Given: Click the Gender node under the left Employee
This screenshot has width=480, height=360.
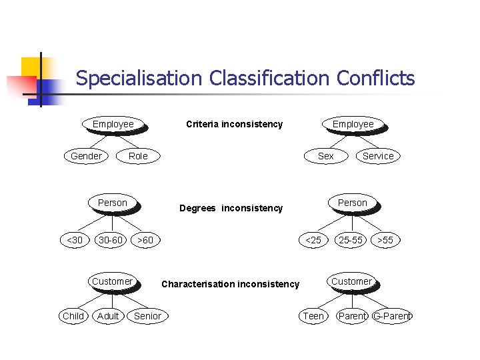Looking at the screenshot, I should (x=86, y=156).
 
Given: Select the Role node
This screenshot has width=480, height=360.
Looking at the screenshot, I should (x=138, y=156).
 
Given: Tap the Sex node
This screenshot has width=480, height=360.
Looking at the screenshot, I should (x=325, y=156).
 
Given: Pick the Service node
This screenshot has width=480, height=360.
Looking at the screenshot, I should (x=378, y=156).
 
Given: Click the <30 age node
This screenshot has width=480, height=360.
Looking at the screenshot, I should (x=75, y=240).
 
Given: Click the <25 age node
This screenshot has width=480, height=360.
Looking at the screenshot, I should (x=313, y=240).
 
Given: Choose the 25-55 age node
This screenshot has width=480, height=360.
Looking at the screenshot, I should (x=350, y=240).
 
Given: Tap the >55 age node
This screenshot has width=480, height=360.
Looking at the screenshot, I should (x=385, y=240).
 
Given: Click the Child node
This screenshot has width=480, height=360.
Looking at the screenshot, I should (x=73, y=316).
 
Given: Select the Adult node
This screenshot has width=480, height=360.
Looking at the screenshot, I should (x=108, y=316).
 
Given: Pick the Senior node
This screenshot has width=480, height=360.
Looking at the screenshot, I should (x=147, y=316).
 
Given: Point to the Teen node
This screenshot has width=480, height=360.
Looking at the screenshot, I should (x=313, y=316).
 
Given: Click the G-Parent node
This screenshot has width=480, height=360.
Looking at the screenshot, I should (x=393, y=316).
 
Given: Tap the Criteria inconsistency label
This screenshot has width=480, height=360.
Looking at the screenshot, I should (x=234, y=124).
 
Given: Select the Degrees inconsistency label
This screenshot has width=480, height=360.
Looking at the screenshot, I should (x=231, y=208).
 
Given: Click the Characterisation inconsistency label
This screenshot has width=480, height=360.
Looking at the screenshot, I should (x=230, y=284).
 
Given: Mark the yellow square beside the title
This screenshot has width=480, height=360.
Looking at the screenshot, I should (x=31, y=68).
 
